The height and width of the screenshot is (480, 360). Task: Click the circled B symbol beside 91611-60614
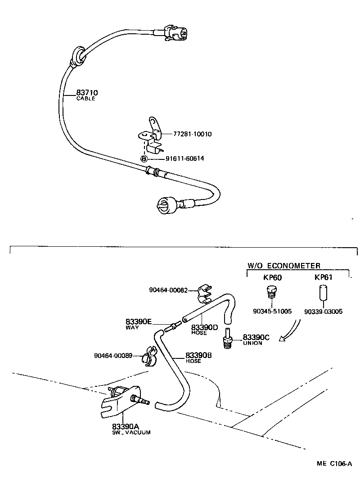point(144,159)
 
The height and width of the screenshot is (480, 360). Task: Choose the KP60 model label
point(272,277)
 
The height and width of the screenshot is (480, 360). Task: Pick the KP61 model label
point(323,277)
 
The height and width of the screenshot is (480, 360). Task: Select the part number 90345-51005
point(273,311)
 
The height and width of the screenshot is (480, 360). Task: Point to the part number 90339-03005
point(324,311)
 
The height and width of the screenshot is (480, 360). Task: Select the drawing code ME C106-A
point(334,463)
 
